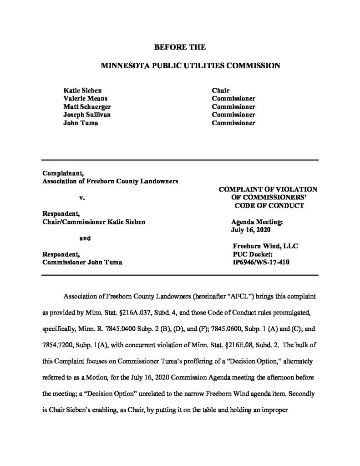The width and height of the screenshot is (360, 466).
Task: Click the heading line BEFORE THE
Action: pos(180,47)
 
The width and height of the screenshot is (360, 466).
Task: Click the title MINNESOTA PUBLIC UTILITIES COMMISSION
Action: pos(180,66)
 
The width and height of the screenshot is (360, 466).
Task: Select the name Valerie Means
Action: pos(85,98)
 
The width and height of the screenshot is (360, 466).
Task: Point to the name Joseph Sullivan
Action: pos(86,115)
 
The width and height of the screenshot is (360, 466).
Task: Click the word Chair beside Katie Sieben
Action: pos(221,90)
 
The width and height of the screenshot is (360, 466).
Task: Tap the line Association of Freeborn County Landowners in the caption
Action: pos(110,181)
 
